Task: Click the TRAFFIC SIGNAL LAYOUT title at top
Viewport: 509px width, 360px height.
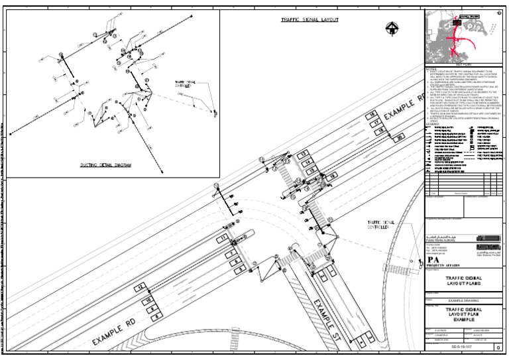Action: [310, 20]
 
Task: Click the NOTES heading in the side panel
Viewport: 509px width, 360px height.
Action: [431, 69]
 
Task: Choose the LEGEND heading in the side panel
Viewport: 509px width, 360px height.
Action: [432, 123]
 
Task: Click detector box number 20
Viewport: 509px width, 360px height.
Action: [401, 137]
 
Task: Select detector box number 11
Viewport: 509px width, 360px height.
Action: [224, 237]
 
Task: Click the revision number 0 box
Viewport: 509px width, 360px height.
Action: [498, 347]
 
